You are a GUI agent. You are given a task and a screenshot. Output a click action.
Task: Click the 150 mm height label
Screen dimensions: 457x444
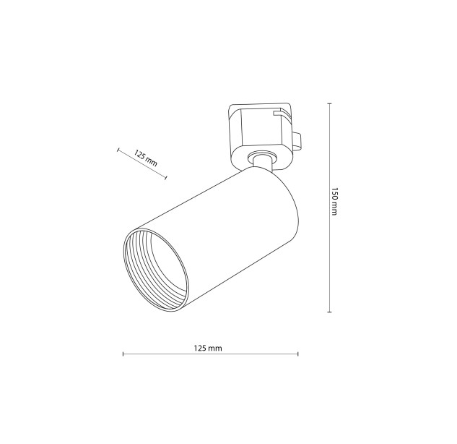point(334,201)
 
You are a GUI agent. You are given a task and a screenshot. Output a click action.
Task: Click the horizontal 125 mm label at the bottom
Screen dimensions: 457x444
point(208,348)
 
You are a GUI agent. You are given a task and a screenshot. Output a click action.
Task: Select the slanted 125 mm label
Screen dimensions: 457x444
point(145,158)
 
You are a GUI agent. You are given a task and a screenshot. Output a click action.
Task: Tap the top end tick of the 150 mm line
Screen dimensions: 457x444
point(330,104)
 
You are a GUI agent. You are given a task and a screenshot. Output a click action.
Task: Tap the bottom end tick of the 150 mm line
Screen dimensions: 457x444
point(330,312)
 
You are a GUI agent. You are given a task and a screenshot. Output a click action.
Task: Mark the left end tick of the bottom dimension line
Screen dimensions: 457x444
point(123,354)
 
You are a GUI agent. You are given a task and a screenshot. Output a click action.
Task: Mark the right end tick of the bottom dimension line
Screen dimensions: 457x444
point(298,354)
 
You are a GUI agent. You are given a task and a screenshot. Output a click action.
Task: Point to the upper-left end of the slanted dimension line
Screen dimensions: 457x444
point(118,150)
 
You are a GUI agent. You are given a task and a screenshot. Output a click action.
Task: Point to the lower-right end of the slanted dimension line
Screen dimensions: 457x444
point(166,177)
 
